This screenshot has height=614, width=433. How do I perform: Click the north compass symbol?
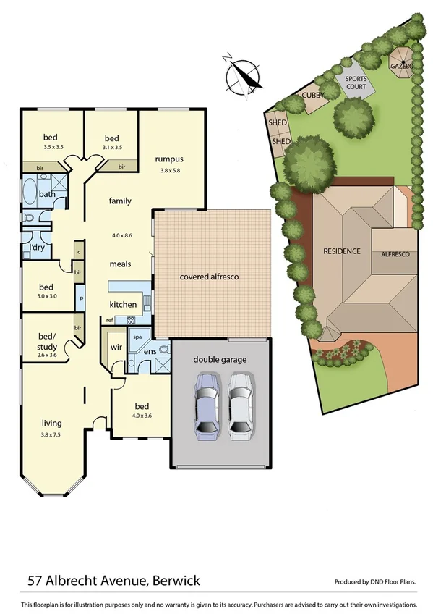pyautogui.click(x=243, y=75)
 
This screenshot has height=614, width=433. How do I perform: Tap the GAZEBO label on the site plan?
pyautogui.click(x=401, y=66)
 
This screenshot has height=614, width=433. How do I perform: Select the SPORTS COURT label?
pyautogui.click(x=355, y=83)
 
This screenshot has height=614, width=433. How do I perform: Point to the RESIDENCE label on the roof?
pyautogui.click(x=341, y=251)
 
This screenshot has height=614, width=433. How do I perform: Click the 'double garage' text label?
pyautogui.click(x=220, y=359)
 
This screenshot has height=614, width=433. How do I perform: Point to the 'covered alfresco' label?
pyautogui.click(x=209, y=277)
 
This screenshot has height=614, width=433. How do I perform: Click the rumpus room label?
pyautogui.click(x=169, y=159)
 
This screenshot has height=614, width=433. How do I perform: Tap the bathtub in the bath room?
pyautogui.click(x=29, y=194)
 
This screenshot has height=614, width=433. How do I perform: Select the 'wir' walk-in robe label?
pyautogui.click(x=114, y=347)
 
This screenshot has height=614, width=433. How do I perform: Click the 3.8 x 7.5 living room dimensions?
pyautogui.click(x=51, y=434)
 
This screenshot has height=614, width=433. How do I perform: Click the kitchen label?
pyautogui.click(x=123, y=304)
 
